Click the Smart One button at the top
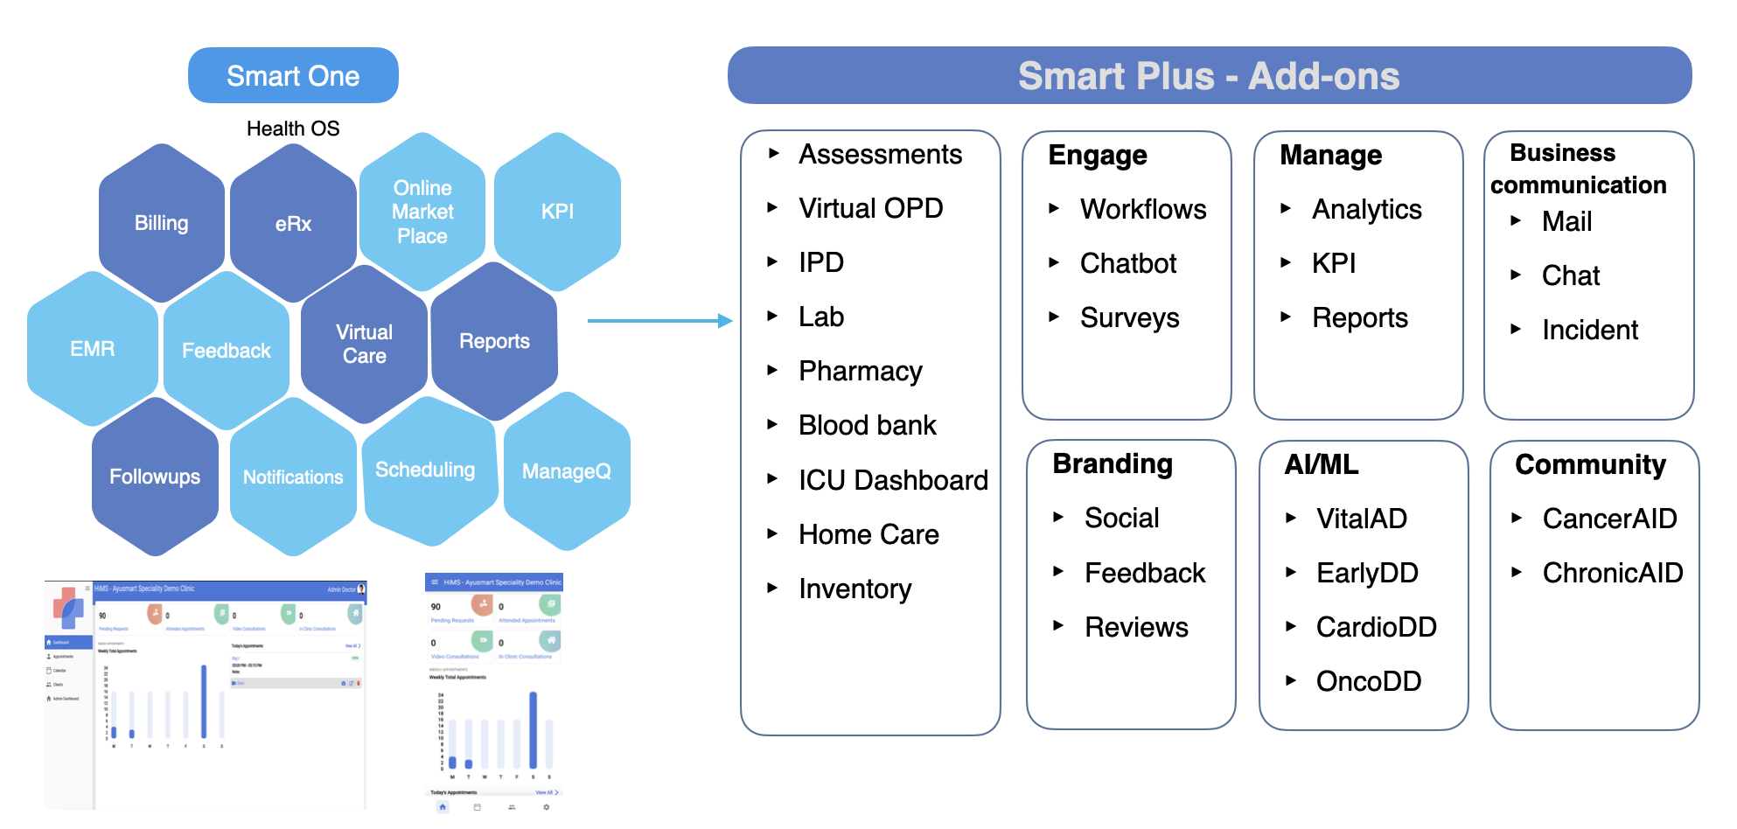(x=293, y=76)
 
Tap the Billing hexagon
(x=161, y=223)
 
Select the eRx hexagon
(x=293, y=224)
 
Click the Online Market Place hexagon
(x=422, y=212)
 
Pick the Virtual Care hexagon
(x=364, y=344)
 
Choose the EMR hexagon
(x=92, y=349)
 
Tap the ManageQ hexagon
(x=566, y=471)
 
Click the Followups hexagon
(x=155, y=477)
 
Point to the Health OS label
(x=293, y=129)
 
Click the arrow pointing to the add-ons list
(x=659, y=321)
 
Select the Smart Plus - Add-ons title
(x=1209, y=76)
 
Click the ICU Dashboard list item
(x=893, y=480)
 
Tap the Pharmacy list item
(x=860, y=371)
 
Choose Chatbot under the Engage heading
(x=1128, y=263)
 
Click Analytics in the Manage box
(x=1366, y=209)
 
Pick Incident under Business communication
(x=1589, y=330)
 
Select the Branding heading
(x=1113, y=463)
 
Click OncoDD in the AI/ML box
(x=1368, y=681)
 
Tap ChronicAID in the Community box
(x=1612, y=573)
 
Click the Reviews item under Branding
(x=1136, y=627)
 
